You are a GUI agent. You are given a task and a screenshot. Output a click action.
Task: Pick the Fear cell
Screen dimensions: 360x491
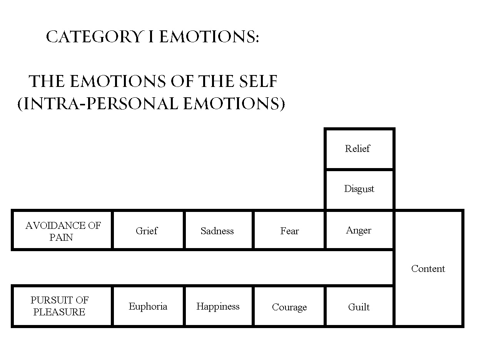(x=289, y=230)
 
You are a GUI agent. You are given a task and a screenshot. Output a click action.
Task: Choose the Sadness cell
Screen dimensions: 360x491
(x=217, y=230)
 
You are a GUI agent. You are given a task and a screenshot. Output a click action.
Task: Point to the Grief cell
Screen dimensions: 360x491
(x=147, y=230)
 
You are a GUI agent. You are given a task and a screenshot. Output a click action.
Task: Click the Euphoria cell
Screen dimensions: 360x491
(x=148, y=306)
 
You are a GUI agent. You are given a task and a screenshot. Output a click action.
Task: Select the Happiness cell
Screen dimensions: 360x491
(x=218, y=306)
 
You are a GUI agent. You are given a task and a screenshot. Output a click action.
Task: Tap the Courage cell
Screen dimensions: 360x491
(x=289, y=307)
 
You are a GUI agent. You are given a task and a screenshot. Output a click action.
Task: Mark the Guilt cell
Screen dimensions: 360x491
(x=359, y=307)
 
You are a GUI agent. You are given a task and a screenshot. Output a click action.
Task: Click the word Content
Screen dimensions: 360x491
(x=428, y=268)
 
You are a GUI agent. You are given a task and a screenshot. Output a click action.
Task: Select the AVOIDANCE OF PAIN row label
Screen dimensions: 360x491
(x=62, y=231)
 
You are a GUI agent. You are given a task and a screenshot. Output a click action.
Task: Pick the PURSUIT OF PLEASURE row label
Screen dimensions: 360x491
(x=60, y=306)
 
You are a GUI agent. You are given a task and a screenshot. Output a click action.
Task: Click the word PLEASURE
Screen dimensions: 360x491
(x=60, y=312)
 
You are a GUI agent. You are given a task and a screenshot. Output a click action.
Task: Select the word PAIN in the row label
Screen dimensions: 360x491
(x=62, y=237)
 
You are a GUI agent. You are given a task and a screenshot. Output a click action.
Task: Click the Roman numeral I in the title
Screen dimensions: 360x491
(x=151, y=38)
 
